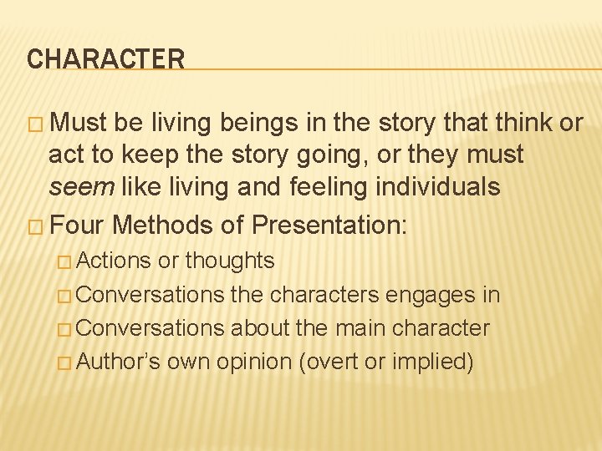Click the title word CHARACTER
105,59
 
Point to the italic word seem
81,186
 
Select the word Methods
157,225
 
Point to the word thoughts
229,261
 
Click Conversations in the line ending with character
153,328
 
